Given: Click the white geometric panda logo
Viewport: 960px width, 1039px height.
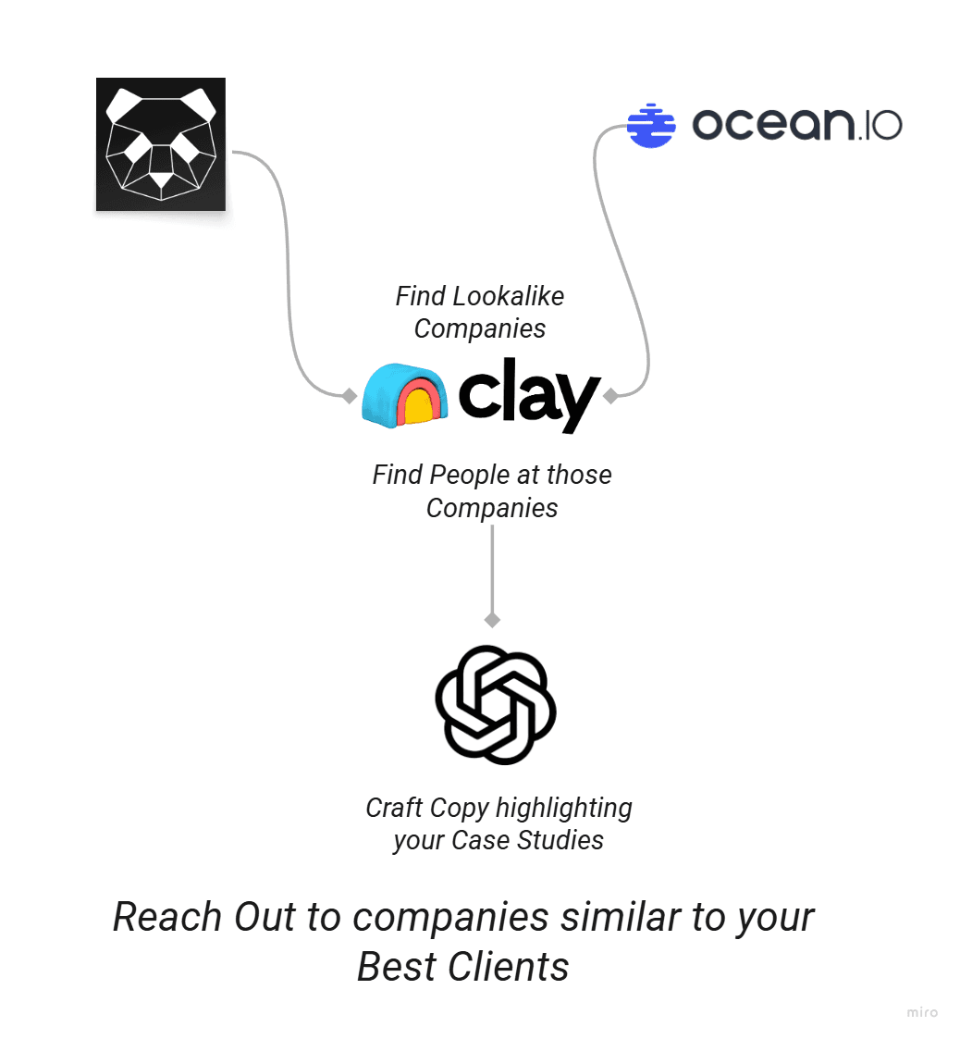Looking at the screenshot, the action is click(161, 143).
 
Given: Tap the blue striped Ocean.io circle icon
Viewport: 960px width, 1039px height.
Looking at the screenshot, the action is click(651, 125).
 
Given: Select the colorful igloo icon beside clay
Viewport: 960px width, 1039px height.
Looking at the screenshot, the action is click(406, 395).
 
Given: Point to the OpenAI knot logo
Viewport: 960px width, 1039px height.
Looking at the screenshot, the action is click(495, 704).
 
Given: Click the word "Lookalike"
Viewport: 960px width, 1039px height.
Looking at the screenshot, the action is click(508, 296).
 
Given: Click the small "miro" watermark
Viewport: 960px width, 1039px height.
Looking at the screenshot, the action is click(922, 1012).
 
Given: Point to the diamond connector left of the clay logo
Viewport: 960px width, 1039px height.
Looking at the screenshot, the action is click(349, 396).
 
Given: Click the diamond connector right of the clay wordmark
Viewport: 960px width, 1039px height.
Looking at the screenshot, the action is click(610, 396).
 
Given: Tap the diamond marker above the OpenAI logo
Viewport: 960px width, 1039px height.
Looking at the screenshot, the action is click(493, 619).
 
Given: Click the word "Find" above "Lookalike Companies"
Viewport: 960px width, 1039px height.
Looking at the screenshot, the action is click(421, 296).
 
